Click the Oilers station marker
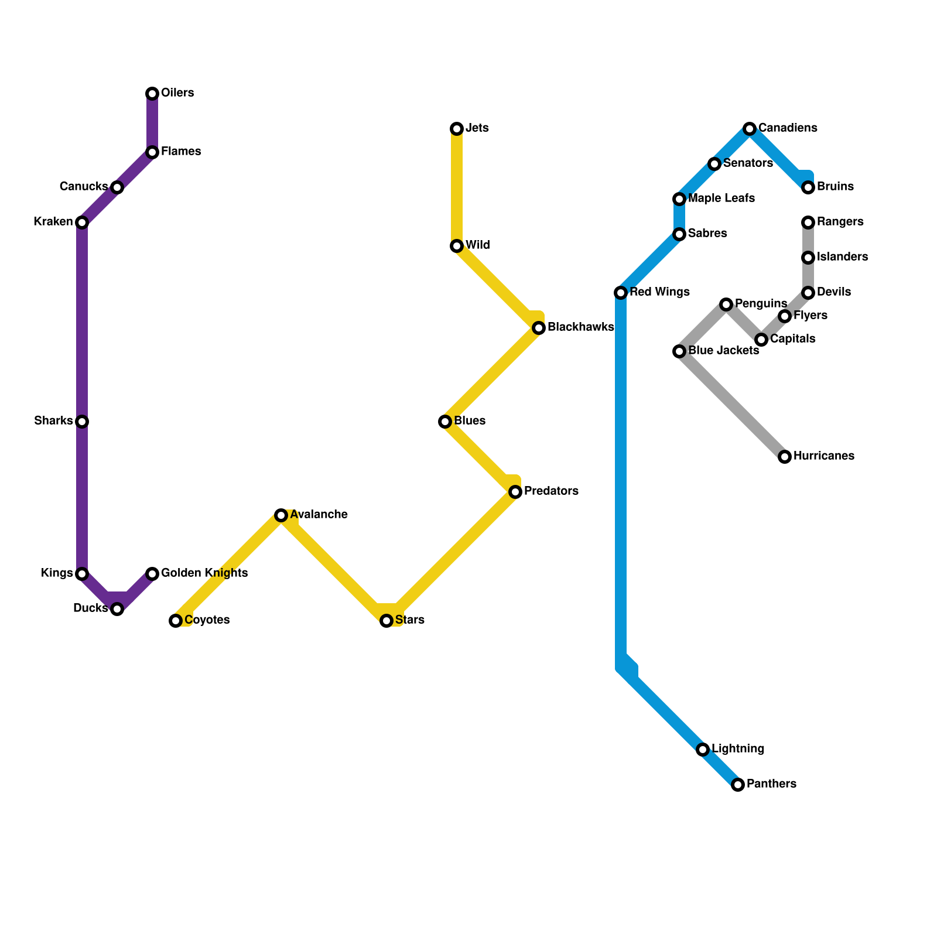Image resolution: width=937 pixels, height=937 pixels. click(x=152, y=94)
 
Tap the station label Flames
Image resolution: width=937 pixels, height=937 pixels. click(x=181, y=152)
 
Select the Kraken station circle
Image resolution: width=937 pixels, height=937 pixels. click(x=82, y=223)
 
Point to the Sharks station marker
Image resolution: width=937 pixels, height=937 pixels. click(x=82, y=422)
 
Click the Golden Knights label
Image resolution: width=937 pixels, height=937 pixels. click(x=204, y=573)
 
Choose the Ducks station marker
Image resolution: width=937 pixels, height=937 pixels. click(x=117, y=609)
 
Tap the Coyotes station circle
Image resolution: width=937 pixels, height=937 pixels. click(x=176, y=621)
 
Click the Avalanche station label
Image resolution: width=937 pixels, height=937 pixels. click(x=319, y=515)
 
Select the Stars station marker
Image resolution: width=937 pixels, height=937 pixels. click(x=387, y=621)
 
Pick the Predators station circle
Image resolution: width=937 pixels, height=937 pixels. click(x=515, y=492)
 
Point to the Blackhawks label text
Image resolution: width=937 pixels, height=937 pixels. click(x=580, y=327)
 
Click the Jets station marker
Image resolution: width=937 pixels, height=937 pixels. click(x=457, y=129)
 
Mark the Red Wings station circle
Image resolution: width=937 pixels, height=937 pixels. click(x=621, y=293)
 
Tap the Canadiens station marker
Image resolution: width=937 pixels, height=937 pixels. click(x=750, y=129)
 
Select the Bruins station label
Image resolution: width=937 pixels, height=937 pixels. click(x=835, y=187)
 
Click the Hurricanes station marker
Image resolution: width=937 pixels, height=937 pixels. click(x=785, y=457)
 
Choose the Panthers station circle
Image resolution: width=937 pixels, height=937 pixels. click(x=738, y=785)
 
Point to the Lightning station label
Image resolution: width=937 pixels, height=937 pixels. click(x=738, y=749)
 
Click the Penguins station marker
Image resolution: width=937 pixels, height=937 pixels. click(x=726, y=305)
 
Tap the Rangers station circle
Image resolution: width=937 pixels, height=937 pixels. click(x=808, y=223)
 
